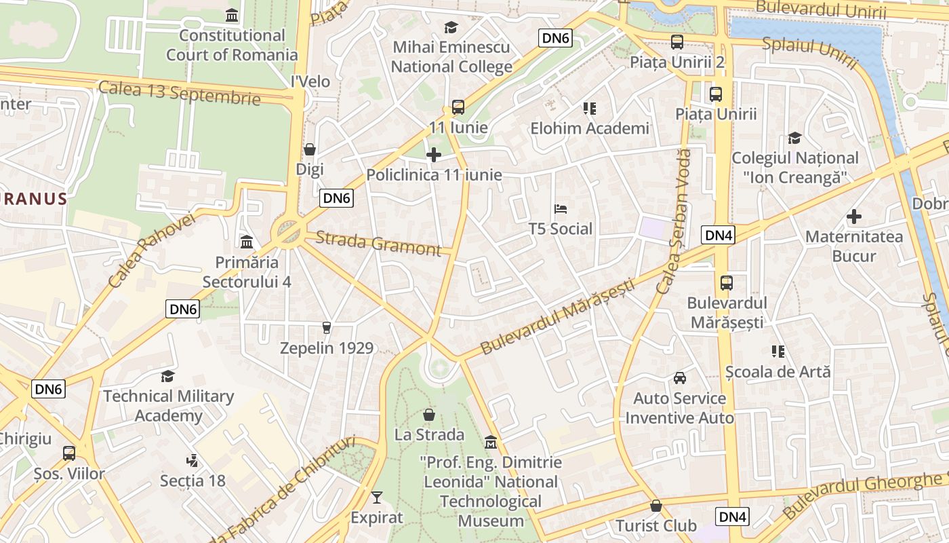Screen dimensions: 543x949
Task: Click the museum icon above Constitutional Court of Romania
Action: click(232, 15)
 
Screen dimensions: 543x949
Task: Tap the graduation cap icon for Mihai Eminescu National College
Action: click(451, 27)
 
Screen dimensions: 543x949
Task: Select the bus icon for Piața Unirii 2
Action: click(677, 42)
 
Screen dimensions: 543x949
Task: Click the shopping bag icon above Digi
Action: click(310, 149)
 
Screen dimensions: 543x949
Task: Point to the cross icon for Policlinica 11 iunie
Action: click(434, 155)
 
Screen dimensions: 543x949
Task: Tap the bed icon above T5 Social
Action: click(561, 208)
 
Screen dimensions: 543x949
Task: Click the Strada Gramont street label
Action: click(378, 243)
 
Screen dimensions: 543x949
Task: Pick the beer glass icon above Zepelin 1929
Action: click(327, 328)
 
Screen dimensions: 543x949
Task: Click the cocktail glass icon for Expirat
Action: click(377, 498)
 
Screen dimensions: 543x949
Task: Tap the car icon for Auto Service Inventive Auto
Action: click(679, 378)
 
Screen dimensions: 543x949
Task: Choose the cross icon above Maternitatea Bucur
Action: click(854, 217)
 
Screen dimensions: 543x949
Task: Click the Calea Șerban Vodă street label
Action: click(674, 221)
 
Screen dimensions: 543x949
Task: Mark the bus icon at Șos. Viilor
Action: click(69, 453)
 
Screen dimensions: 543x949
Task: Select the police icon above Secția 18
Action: click(193, 460)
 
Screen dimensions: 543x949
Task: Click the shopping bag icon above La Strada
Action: click(429, 414)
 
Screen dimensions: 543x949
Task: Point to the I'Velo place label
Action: click(310, 81)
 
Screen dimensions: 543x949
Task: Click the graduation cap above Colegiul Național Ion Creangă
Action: click(794, 138)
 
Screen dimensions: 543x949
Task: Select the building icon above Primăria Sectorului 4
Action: click(247, 242)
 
